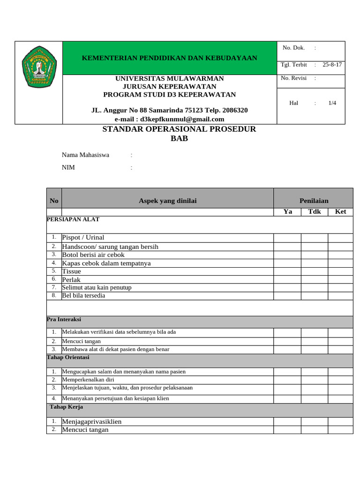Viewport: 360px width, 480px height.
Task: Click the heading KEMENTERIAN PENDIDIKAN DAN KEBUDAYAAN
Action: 170,58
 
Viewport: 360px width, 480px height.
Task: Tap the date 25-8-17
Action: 332,65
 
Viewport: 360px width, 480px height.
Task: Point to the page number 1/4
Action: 333,103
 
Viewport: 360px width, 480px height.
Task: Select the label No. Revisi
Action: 294,78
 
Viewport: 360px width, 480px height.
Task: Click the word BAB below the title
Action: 179,138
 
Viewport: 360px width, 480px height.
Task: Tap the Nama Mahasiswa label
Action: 86,155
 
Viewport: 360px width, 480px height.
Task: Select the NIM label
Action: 68,167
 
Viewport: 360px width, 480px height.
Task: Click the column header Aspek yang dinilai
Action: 168,201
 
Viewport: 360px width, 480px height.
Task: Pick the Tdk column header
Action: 315,211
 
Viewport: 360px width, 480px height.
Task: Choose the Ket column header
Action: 340,211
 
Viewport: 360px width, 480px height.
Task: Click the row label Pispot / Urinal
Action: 83,238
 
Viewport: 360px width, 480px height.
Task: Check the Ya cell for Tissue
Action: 287,271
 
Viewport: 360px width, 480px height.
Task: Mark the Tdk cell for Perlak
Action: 315,279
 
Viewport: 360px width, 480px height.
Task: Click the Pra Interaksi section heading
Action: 64,319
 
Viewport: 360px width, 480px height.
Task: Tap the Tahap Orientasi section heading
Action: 68,357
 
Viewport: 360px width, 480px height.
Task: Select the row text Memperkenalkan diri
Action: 88,380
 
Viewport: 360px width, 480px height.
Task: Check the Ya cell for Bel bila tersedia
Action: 287,296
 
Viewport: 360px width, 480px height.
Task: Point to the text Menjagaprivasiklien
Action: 92,421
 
